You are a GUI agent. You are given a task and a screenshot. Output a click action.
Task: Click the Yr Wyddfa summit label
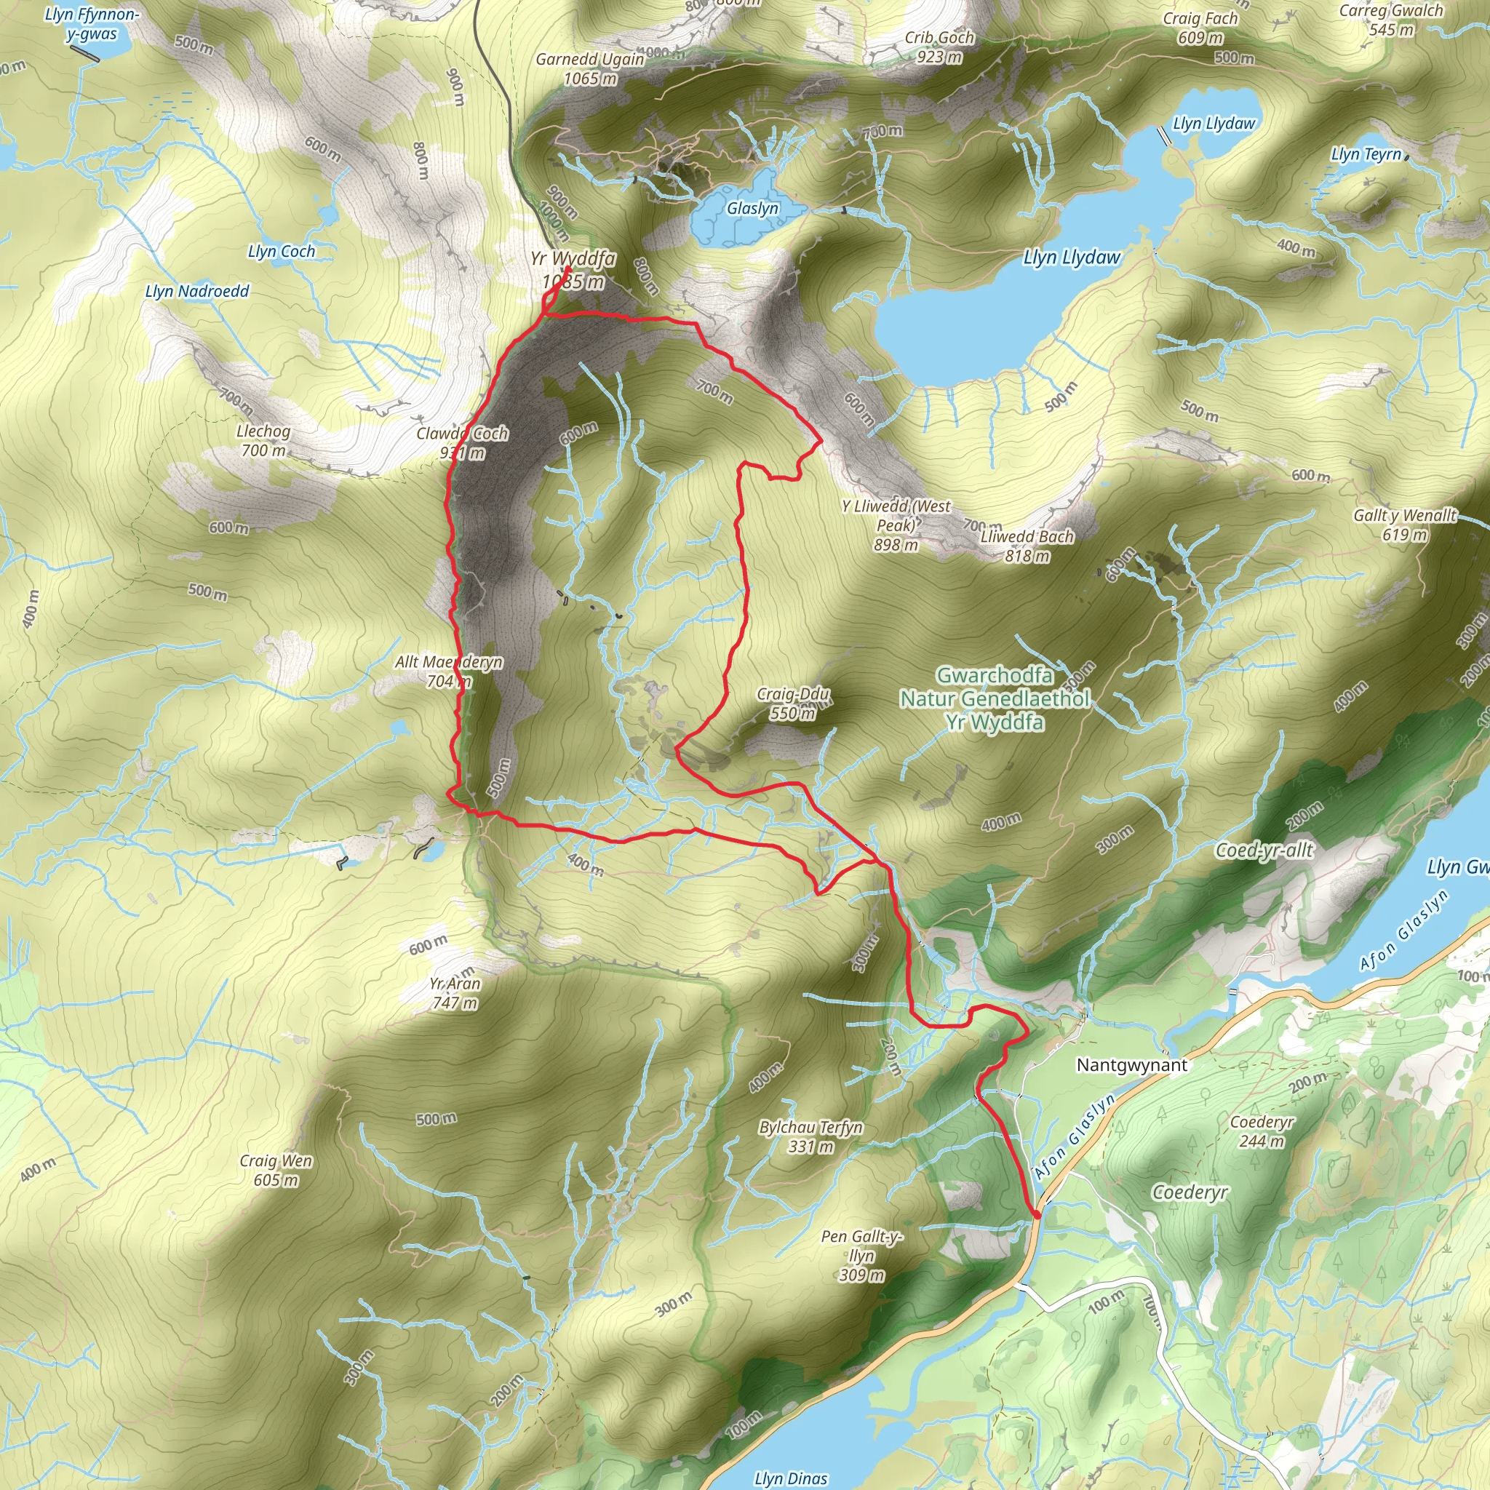(x=573, y=270)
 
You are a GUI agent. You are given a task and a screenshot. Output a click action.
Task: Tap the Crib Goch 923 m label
(x=939, y=47)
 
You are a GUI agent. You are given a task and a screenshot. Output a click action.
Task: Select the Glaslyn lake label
(x=753, y=208)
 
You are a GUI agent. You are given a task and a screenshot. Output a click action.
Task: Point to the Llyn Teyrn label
(x=1366, y=154)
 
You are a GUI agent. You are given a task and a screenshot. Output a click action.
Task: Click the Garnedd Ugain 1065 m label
(x=590, y=68)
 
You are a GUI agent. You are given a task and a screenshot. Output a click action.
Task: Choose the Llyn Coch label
(x=282, y=252)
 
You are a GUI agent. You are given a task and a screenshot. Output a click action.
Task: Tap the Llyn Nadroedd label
(x=197, y=292)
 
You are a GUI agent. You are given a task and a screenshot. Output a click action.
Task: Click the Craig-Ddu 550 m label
(x=793, y=703)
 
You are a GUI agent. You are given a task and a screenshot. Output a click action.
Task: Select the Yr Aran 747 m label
(x=455, y=992)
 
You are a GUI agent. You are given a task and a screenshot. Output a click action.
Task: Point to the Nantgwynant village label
(x=1131, y=1065)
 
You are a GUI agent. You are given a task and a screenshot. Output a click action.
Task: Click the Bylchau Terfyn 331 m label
(x=810, y=1136)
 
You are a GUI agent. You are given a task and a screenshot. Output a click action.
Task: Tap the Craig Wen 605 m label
(x=275, y=1170)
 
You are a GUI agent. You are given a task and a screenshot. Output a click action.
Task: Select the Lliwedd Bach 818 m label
(x=1027, y=545)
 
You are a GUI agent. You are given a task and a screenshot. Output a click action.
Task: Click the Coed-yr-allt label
(x=1263, y=850)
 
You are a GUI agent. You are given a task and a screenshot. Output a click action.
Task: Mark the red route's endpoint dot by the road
(x=1037, y=1215)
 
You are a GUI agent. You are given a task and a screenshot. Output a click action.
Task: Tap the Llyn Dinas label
(x=791, y=1478)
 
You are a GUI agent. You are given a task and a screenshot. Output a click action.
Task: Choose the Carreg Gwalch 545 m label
(x=1390, y=20)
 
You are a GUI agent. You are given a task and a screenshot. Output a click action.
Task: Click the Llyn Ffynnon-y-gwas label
(x=92, y=24)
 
